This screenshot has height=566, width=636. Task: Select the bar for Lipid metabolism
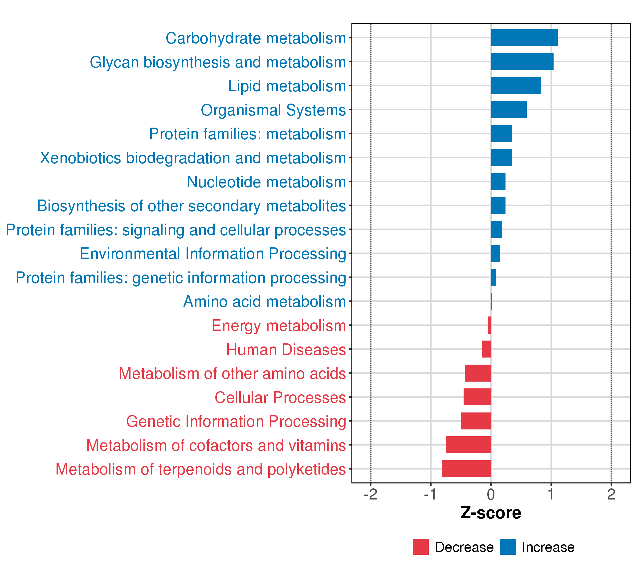coord(516,86)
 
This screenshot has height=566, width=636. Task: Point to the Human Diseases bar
coord(486,349)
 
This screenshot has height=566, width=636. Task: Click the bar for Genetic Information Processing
coord(476,421)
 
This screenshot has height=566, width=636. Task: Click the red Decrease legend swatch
coord(420,547)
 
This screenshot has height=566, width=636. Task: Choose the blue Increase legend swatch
coord(508,547)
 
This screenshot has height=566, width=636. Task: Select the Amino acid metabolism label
coord(265,302)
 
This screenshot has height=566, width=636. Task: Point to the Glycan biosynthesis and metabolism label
coord(218,62)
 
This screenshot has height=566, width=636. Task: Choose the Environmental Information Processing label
coord(213,254)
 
